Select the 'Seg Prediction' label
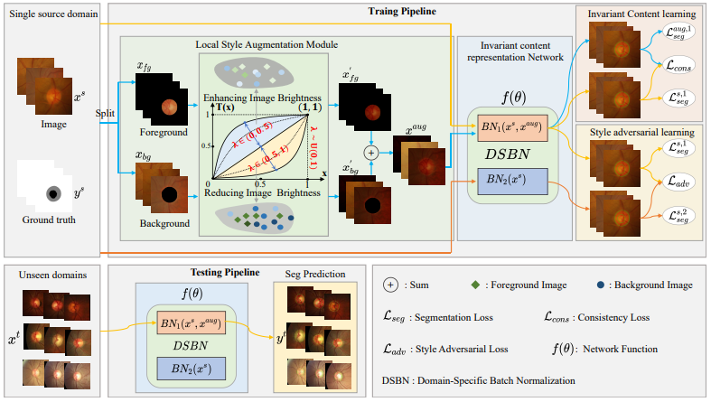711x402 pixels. pyautogui.click(x=313, y=274)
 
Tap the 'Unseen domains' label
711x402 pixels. pyautogui.click(x=51, y=275)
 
